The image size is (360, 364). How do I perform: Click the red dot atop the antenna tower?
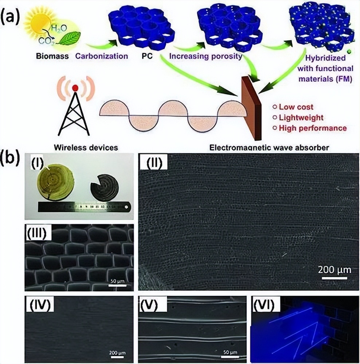(75, 88)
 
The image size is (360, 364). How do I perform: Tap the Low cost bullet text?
(296, 107)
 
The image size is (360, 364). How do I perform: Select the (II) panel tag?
(153, 162)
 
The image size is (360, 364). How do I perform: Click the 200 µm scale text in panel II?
(334, 270)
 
